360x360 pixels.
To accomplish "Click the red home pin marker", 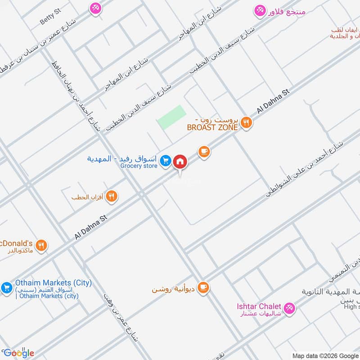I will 180,161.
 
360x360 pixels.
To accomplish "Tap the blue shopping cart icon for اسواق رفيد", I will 166,160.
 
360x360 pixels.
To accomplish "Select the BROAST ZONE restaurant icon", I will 246,121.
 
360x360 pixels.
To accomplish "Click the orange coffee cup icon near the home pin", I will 204,151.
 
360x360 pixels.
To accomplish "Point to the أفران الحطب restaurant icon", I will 112,196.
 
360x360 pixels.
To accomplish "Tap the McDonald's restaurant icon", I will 41,245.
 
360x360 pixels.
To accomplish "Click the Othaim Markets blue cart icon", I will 6,287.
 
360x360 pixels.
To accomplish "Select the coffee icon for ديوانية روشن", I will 203,287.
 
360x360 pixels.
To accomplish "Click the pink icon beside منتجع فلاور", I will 260,11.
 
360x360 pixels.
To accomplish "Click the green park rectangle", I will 171,117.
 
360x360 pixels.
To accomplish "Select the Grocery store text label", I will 139,166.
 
